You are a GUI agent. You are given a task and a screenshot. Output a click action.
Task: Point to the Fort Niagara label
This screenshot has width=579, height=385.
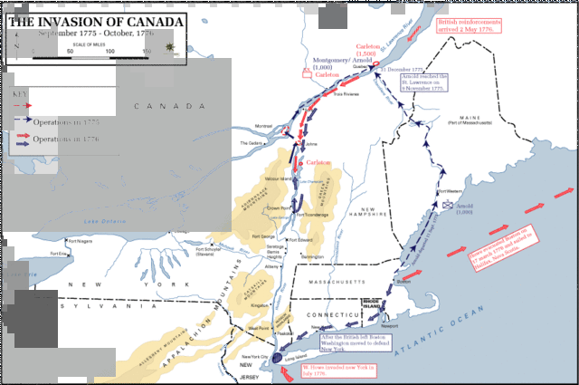point(64,240)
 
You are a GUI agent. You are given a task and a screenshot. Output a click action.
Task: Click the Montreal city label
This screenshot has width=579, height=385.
point(263,127)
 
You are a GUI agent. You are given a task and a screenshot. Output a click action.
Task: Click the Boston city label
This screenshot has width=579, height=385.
point(404,282)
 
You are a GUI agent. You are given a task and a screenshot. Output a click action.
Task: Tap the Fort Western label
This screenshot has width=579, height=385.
point(450,192)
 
